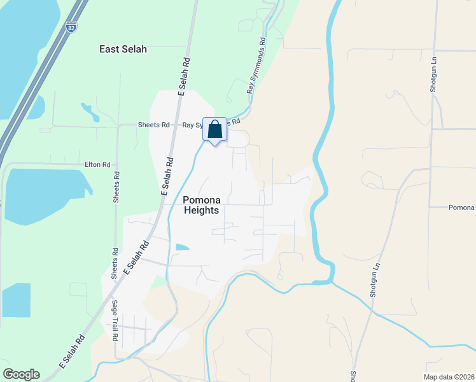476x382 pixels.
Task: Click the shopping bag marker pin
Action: pos(215,129)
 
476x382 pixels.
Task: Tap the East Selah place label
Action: pos(123,49)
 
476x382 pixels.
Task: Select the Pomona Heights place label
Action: pos(201,204)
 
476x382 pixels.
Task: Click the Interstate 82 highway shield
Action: pos(71,27)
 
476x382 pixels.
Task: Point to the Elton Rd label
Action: pos(97,164)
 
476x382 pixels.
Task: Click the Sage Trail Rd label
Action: pos(116,321)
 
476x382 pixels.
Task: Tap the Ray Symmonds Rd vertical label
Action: pos(255,66)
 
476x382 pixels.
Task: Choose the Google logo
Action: pos(21,374)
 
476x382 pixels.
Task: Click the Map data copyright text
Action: pos(449,377)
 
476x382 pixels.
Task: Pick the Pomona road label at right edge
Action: pos(461,208)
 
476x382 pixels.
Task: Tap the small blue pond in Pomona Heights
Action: pos(181,247)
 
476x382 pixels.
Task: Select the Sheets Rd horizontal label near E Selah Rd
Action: pos(153,125)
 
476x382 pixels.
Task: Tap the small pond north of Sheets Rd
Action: pos(90,113)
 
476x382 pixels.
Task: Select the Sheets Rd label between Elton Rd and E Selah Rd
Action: pos(116,187)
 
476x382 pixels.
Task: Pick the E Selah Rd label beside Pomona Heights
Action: pos(167,176)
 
